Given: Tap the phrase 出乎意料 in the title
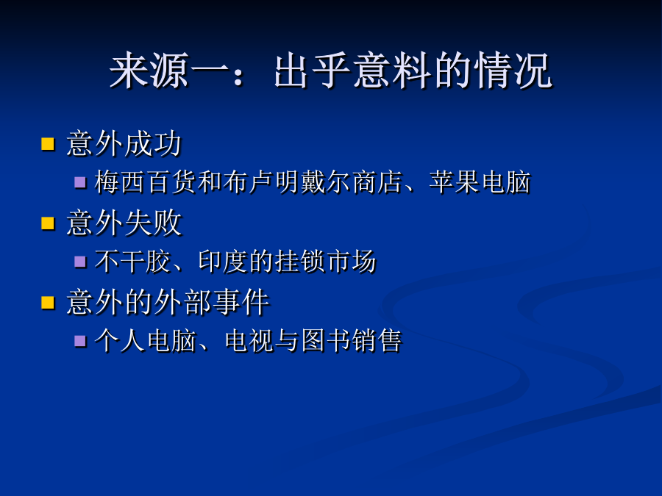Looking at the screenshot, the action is coord(352,71).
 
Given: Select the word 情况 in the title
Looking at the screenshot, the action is coord(513,71).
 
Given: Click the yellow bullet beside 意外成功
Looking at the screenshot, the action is coord(48,144).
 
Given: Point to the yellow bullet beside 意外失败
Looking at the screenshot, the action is coord(48,223).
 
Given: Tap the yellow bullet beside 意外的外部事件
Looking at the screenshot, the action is coord(48,303).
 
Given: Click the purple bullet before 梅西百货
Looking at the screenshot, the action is coord(80,182).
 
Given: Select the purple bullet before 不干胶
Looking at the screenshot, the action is coord(80,262).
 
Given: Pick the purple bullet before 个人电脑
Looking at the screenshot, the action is coord(80,341).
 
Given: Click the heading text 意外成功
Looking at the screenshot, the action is coord(124,144).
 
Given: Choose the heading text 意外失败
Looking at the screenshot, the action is coord(124,223).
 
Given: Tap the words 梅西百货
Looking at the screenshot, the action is coord(145,182).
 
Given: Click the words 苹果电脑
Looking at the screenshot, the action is coord(480,182).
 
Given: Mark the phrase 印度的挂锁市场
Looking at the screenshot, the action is coord(287,262).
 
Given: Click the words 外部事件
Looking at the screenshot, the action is coord(212,303).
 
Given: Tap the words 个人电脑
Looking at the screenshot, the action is coord(145,341).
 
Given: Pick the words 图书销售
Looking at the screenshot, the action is coord(352,341).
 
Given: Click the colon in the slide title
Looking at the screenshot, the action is coord(238,76).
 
